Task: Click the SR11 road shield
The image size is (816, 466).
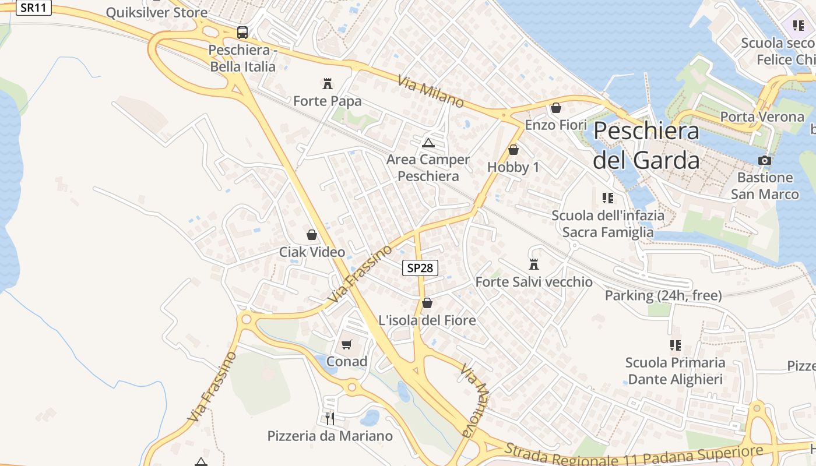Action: point(34,8)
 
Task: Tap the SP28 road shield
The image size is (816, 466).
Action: point(420,268)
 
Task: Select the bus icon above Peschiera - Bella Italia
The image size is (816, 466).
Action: point(242,33)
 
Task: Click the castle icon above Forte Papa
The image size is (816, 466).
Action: point(328,83)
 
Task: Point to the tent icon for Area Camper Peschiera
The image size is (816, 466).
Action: point(428,142)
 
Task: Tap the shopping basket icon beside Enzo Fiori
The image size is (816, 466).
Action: point(555,108)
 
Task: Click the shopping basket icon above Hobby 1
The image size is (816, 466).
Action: point(513,150)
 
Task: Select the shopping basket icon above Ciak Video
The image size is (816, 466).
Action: point(312,235)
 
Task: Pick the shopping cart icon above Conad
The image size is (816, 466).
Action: point(347,344)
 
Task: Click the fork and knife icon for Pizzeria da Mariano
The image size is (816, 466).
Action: point(330,418)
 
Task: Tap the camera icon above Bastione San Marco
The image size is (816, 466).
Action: point(765,160)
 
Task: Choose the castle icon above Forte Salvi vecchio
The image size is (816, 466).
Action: point(534,264)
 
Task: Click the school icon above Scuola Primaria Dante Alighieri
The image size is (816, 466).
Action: point(676,345)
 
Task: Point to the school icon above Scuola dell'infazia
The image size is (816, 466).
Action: point(608,198)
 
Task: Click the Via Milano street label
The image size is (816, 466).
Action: point(431,91)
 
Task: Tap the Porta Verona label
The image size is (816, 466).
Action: point(762,116)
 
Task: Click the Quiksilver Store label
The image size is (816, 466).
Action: point(157,12)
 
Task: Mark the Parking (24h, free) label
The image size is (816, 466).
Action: point(663,295)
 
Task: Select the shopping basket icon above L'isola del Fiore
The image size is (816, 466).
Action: point(427,303)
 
